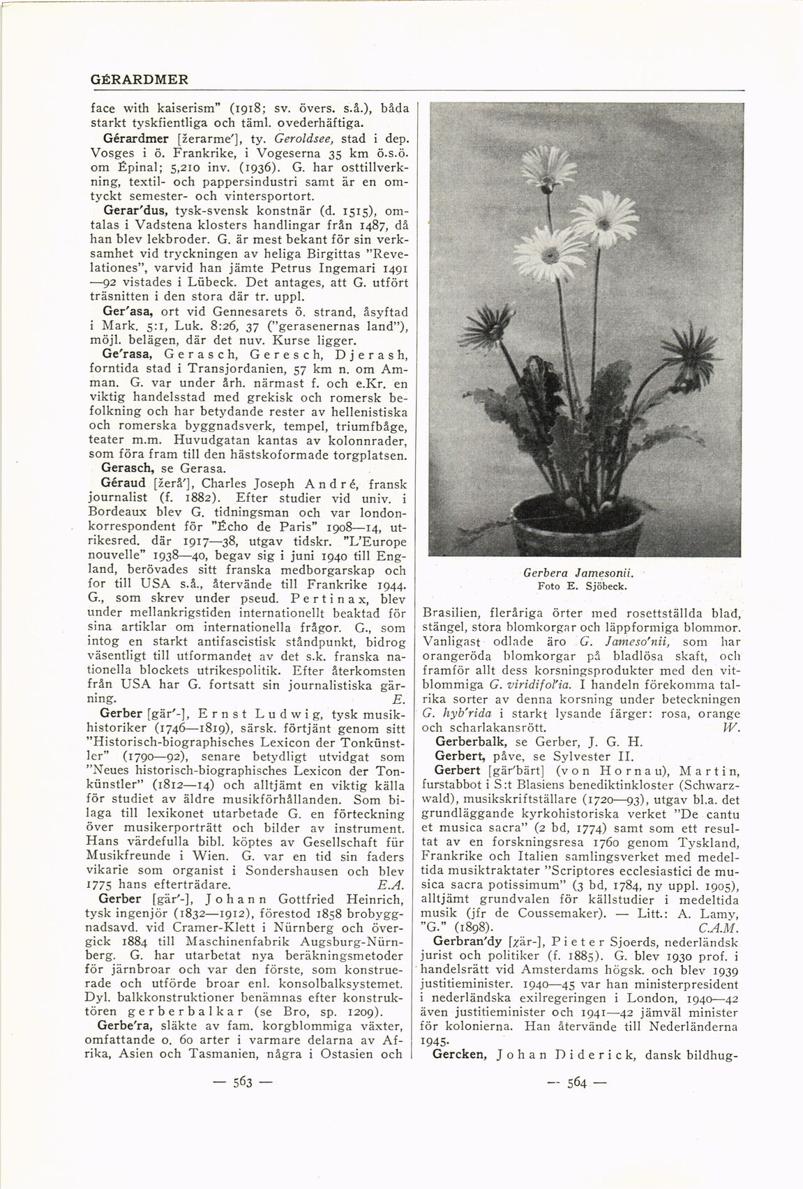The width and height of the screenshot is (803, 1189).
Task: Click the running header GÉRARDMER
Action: click(x=140, y=79)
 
